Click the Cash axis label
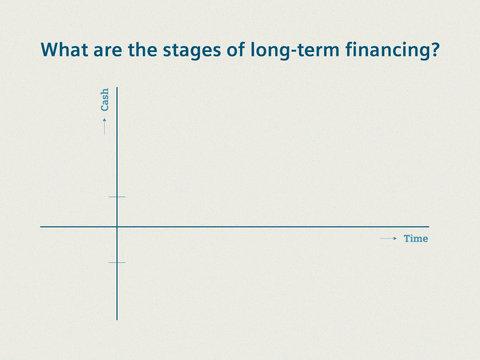(x=105, y=100)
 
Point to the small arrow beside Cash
(x=105, y=125)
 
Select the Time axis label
(x=416, y=239)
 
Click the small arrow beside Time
(x=389, y=239)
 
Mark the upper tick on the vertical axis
(x=117, y=197)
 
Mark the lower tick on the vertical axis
(x=117, y=262)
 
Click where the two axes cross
(x=117, y=227)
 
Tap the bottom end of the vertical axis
(x=117, y=319)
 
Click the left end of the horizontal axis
(x=41, y=227)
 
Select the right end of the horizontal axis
(x=428, y=227)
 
